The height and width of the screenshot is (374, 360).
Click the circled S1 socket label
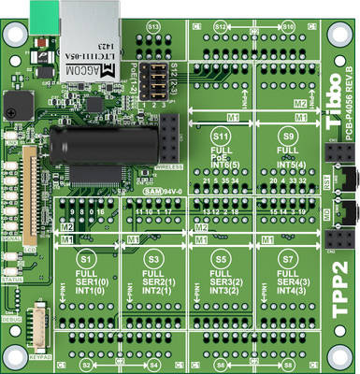(86, 256)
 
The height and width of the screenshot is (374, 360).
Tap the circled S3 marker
(153, 256)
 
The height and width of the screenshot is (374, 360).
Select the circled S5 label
(221, 256)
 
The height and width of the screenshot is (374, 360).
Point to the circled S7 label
(287, 256)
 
